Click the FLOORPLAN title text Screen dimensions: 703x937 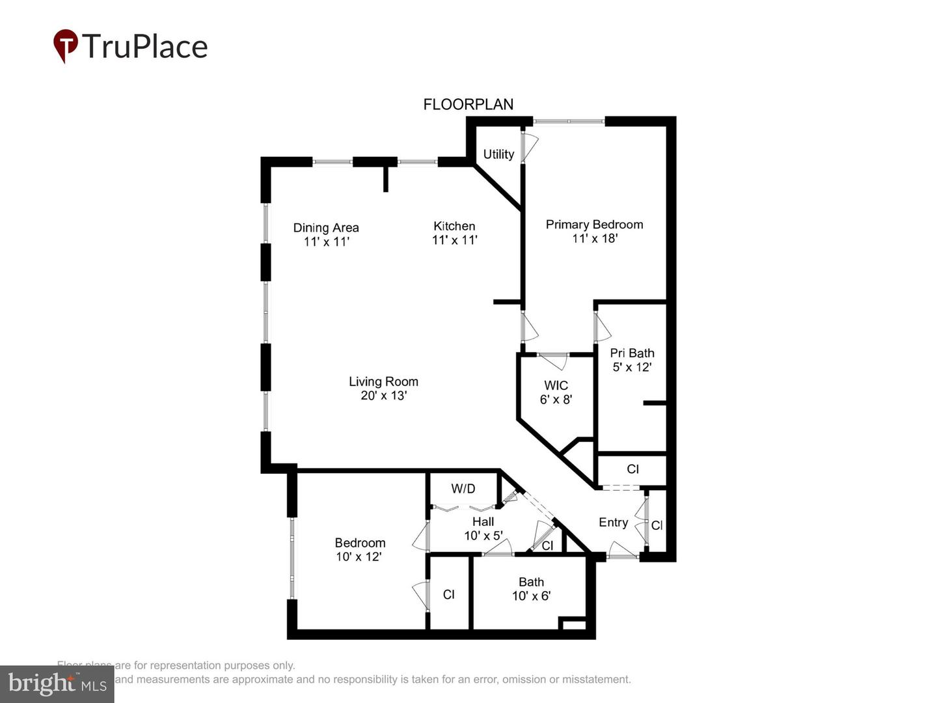[x=468, y=104]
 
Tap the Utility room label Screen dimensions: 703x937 [x=498, y=154]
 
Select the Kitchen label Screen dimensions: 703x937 [x=454, y=226]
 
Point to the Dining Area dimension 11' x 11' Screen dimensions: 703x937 [x=326, y=241]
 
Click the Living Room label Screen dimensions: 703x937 [x=383, y=381]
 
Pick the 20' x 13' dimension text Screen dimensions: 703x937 [x=383, y=396]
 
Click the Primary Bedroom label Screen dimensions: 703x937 [x=594, y=225]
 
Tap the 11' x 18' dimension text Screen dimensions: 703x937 [x=594, y=238]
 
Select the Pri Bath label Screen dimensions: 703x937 [x=632, y=353]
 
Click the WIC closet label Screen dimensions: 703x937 [x=556, y=385]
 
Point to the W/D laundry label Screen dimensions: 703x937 [x=463, y=488]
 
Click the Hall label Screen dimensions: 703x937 [x=483, y=521]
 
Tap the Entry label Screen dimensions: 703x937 [x=613, y=522]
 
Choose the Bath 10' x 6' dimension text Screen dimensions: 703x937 [x=531, y=596]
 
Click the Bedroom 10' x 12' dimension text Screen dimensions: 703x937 [x=359, y=557]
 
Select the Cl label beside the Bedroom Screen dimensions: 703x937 [x=448, y=594]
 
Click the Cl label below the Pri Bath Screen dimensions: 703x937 [x=632, y=469]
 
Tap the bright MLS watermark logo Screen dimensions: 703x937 [x=57, y=683]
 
